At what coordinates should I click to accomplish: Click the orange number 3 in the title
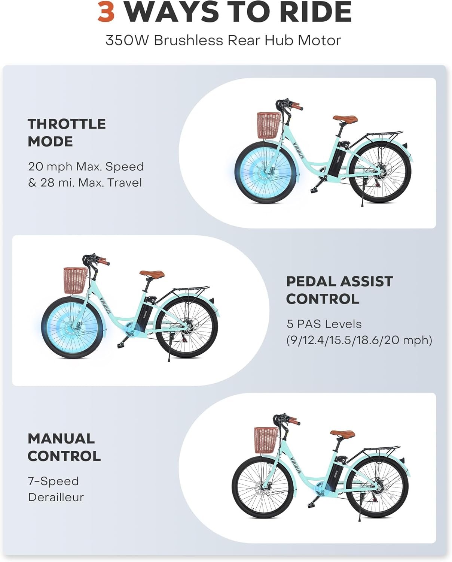pyautogui.click(x=106, y=12)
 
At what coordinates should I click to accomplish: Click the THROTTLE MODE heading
pyautogui.click(x=67, y=133)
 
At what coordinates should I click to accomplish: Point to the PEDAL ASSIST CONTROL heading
pyautogui.click(x=339, y=290)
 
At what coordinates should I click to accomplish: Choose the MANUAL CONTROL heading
pyautogui.click(x=64, y=447)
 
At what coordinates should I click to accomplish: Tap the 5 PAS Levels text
pyautogui.click(x=324, y=324)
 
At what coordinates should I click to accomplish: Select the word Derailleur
pyautogui.click(x=56, y=497)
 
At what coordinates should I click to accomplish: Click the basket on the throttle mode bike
pyautogui.click(x=269, y=126)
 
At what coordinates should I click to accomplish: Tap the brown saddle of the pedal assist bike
pyautogui.click(x=152, y=274)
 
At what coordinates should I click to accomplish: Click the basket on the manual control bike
pyautogui.click(x=266, y=441)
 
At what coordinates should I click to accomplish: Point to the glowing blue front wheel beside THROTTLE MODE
pyautogui.click(x=265, y=173)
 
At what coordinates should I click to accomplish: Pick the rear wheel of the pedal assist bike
pyautogui.click(x=187, y=327)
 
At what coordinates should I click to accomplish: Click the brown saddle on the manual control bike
pyautogui.click(x=342, y=433)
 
